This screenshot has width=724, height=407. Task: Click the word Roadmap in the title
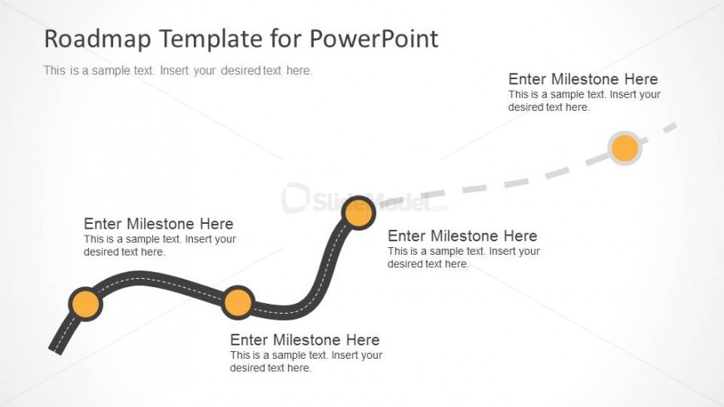97,38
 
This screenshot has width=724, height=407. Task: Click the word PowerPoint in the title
374,38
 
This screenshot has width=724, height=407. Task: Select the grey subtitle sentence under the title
178,71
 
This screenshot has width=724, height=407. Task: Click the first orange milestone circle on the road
86,304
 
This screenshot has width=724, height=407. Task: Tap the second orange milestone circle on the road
237,303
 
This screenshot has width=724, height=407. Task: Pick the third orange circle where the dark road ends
359,212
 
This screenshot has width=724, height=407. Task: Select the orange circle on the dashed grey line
625,148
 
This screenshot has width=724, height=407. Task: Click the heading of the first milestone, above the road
158,224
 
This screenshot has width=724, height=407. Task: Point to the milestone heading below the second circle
305,340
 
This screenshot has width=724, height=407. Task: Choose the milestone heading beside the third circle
462,236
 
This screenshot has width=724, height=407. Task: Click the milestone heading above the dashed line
583,79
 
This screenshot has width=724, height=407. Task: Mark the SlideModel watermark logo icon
295,198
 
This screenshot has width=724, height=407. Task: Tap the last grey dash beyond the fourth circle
670,127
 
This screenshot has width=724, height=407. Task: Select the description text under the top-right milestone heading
584,101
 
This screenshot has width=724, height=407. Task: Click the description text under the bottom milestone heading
306,362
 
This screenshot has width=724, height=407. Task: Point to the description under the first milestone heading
160,246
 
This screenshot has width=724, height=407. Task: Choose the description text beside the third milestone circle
464,258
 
